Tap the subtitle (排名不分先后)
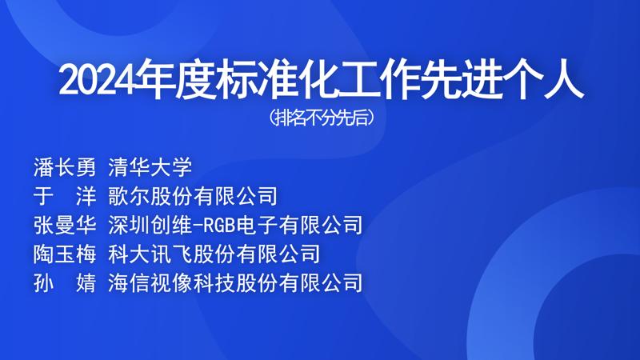point(322,118)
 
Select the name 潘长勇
point(65,167)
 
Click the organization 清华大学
point(150,167)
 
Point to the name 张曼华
point(65,226)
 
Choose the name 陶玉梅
point(65,254)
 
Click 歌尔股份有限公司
point(193,196)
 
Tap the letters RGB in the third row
point(219,226)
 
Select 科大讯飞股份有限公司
point(214,254)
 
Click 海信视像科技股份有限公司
point(235,283)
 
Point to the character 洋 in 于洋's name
point(86,196)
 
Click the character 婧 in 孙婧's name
point(86,283)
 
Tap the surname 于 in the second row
point(44,196)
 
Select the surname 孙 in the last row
point(44,283)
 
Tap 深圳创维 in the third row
point(150,226)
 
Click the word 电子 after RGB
point(258,226)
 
